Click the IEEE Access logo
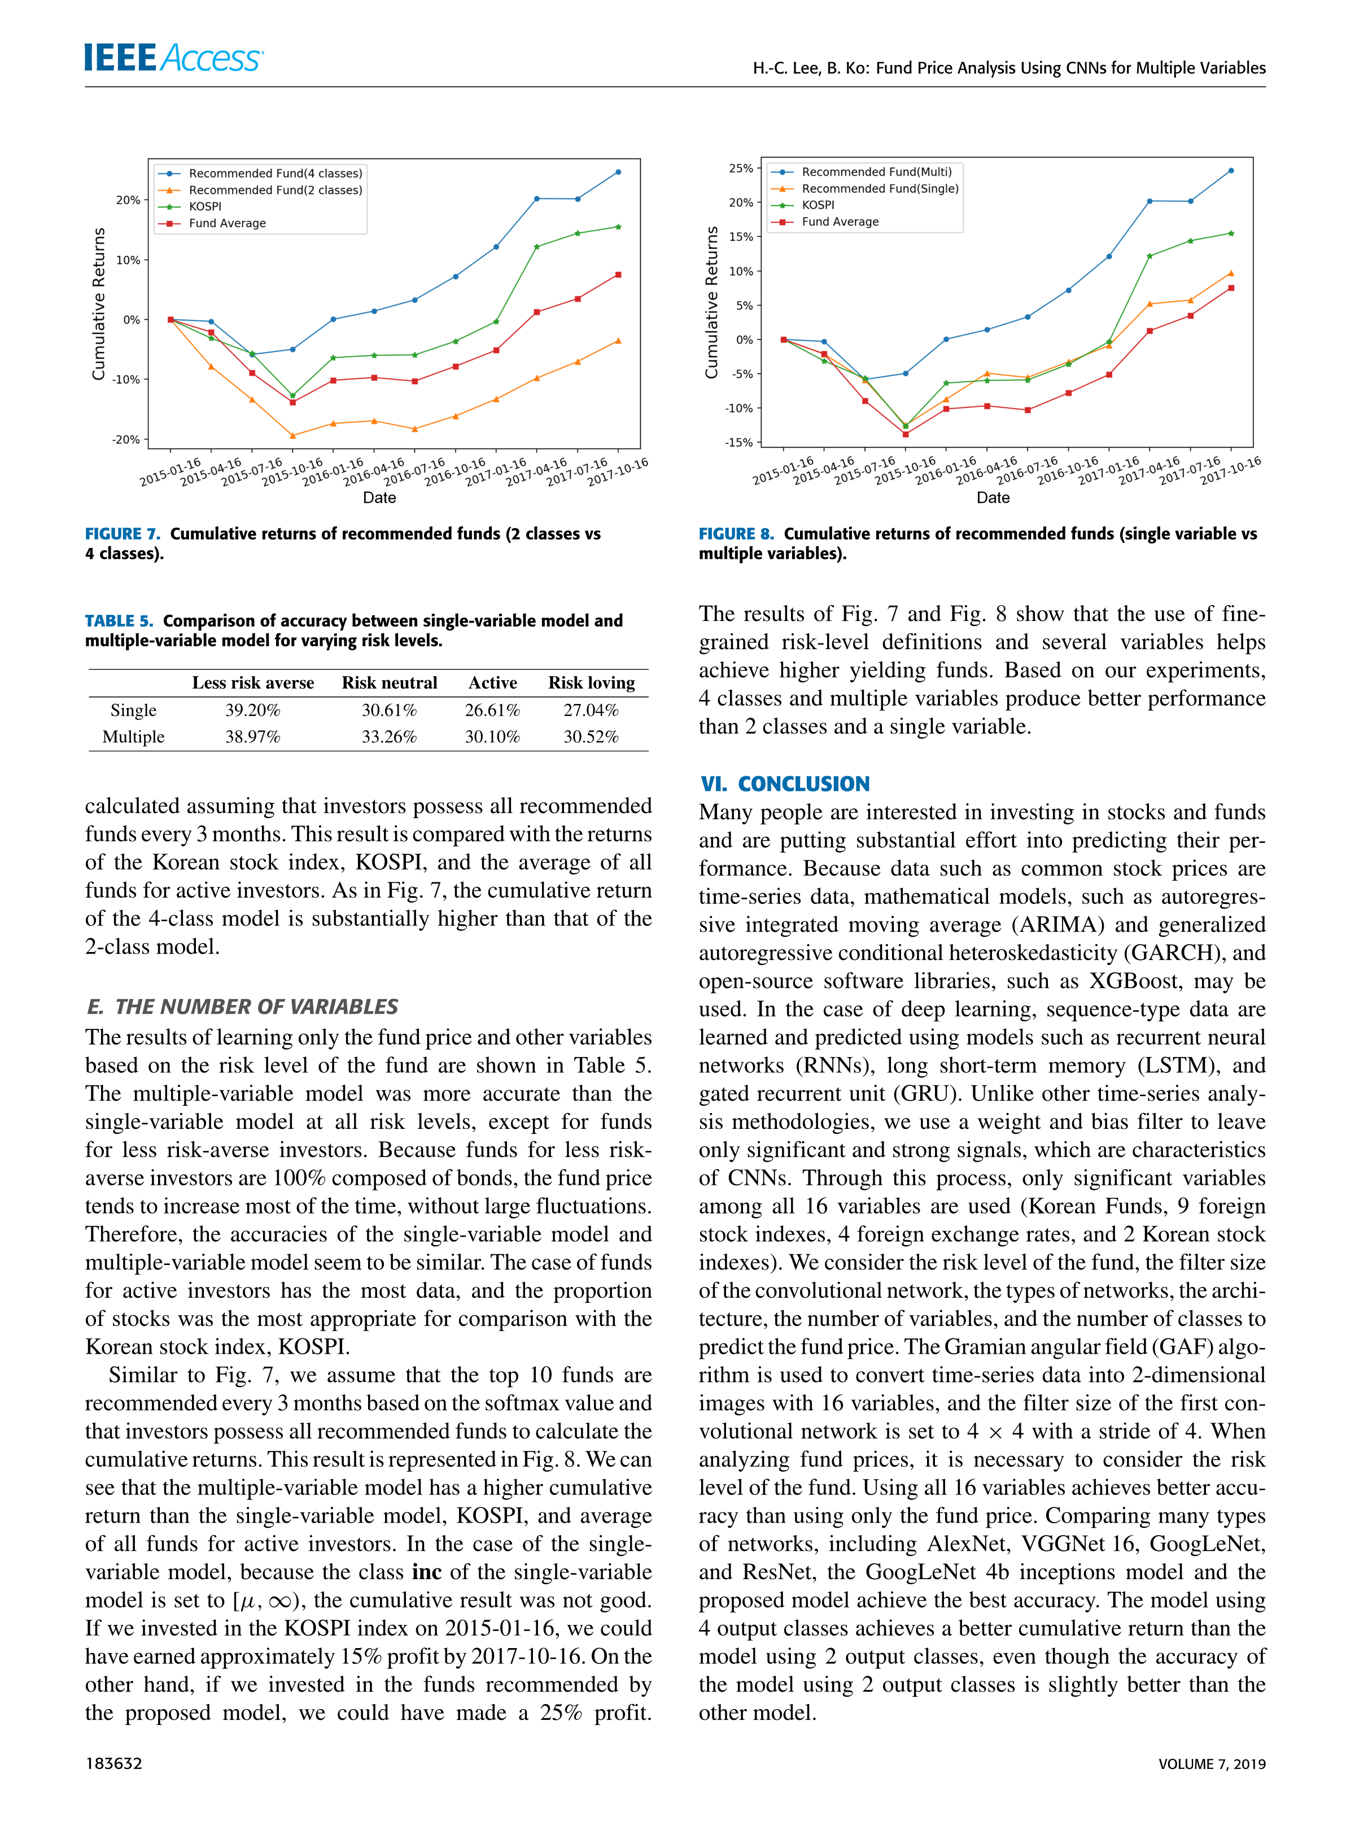(174, 58)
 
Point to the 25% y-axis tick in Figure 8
(741, 168)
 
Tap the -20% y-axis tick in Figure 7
(126, 440)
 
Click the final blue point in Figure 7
(618, 172)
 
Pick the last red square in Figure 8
(1230, 288)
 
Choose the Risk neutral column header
(390, 683)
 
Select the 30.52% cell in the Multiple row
(591, 737)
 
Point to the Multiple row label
(134, 737)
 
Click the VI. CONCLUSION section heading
(784, 784)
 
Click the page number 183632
(114, 1763)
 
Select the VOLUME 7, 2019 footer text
(1212, 1763)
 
